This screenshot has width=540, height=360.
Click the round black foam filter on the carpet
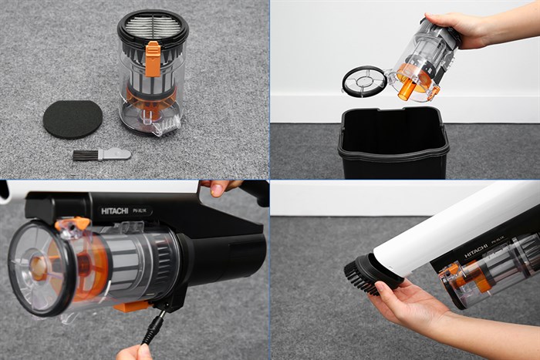point(72,119)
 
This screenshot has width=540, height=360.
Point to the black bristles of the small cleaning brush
point(85,155)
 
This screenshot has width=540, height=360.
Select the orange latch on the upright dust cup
point(153,59)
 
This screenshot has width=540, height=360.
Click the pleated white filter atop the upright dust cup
point(152,25)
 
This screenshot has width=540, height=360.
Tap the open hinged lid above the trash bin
point(363,81)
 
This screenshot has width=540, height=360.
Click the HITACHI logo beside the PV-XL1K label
point(114,210)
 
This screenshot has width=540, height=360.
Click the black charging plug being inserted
point(154,328)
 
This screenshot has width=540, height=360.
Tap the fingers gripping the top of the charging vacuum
point(219,187)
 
